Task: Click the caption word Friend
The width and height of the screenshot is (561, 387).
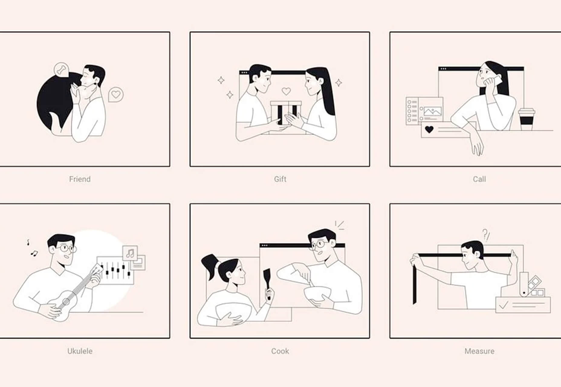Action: coord(80,179)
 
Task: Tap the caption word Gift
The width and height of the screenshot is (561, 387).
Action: coord(280,179)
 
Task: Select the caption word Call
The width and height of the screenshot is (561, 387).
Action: coord(479,179)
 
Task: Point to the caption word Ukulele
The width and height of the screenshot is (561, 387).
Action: coord(80,351)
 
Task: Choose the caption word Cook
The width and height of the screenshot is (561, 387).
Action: coord(280,351)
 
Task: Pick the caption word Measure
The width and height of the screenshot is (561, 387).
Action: coord(479,351)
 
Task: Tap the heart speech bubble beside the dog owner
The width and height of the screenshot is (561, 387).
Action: coord(116,95)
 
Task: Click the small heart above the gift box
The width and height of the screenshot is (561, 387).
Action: coord(286,91)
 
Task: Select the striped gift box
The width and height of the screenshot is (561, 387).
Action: coord(286,113)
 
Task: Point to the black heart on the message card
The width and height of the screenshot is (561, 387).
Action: coord(429,130)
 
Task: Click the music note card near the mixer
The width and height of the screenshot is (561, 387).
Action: coord(130,253)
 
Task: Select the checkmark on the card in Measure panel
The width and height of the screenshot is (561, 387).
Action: coord(504,306)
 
